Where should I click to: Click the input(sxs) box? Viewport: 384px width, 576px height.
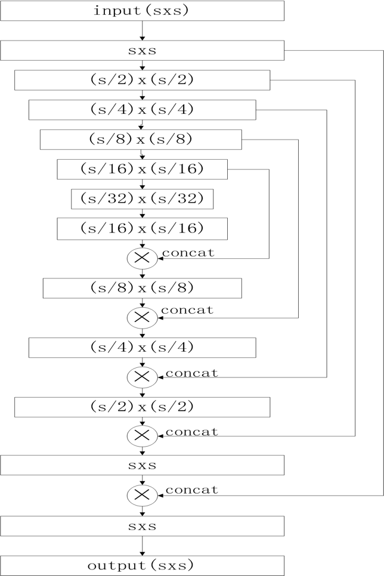click(x=142, y=11)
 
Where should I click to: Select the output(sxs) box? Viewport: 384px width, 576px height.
click(x=142, y=565)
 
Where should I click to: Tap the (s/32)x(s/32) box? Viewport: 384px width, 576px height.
click(x=142, y=199)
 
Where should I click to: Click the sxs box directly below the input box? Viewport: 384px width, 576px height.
click(x=142, y=51)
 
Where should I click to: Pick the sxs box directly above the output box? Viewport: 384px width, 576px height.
click(x=142, y=526)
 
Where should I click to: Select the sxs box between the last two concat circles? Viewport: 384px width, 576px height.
click(x=142, y=465)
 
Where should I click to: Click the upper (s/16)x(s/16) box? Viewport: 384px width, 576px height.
click(x=142, y=169)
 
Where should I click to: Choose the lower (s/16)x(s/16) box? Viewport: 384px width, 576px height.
click(x=142, y=228)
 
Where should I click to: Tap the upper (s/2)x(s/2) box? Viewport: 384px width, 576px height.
click(x=142, y=80)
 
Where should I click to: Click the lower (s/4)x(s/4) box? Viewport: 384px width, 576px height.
click(x=142, y=347)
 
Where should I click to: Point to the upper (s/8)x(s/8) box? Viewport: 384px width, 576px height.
click(x=141, y=140)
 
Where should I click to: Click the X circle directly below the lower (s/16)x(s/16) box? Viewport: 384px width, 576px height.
click(x=142, y=258)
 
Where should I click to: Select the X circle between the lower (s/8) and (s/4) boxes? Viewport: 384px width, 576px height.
click(x=142, y=318)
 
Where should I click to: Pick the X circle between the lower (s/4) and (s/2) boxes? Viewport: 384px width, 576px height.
click(x=142, y=377)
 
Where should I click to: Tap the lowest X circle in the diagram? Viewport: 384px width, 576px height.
click(x=142, y=496)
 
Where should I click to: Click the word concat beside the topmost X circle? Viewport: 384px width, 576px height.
click(x=188, y=253)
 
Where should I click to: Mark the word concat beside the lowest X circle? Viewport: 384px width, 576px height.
click(x=191, y=490)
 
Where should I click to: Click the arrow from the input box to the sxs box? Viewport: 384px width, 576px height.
click(x=142, y=30)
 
